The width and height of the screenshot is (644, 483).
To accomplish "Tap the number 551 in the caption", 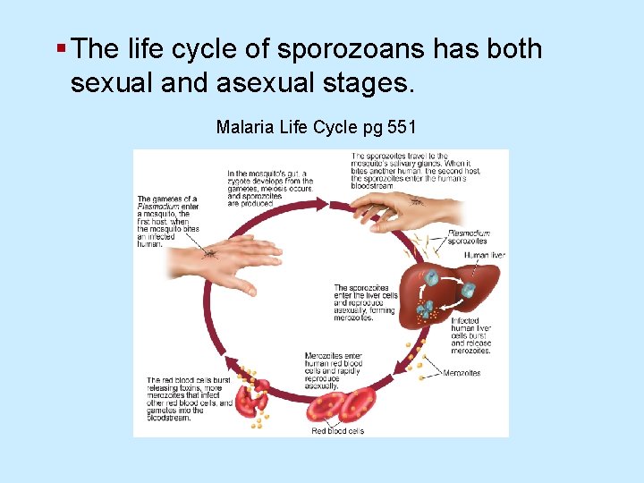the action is (401, 127).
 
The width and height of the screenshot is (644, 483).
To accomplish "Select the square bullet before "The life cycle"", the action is (59, 47).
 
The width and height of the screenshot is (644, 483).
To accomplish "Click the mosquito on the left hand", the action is (209, 253).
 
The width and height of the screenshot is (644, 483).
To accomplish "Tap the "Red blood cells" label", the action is (337, 431).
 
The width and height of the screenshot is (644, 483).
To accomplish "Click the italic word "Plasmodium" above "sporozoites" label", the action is (469, 233).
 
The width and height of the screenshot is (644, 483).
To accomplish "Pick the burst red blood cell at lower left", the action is (253, 400).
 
